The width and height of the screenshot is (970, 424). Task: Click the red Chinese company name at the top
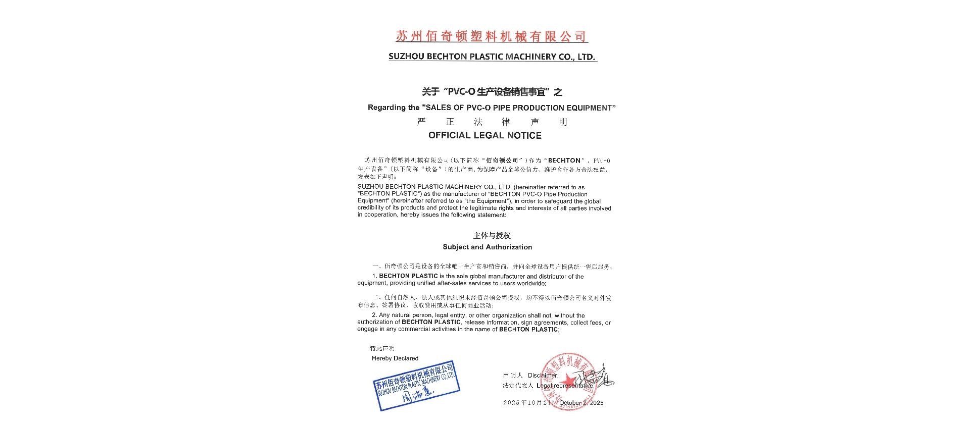click(x=491, y=36)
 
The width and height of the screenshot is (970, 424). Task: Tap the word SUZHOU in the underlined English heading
click(x=406, y=57)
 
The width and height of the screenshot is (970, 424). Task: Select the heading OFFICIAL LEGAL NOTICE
click(x=484, y=135)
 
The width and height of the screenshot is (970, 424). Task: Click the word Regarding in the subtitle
click(x=386, y=108)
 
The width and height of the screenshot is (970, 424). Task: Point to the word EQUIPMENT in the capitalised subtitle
click(x=589, y=108)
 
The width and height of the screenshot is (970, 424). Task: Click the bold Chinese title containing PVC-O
click(x=492, y=92)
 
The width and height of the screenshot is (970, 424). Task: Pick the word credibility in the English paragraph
click(x=371, y=208)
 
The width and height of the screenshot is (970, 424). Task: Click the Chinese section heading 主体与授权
click(x=492, y=236)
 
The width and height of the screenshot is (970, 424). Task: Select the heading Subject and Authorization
click(x=487, y=247)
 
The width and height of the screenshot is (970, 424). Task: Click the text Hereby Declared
click(x=395, y=358)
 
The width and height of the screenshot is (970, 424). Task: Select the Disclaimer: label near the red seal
click(x=543, y=375)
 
